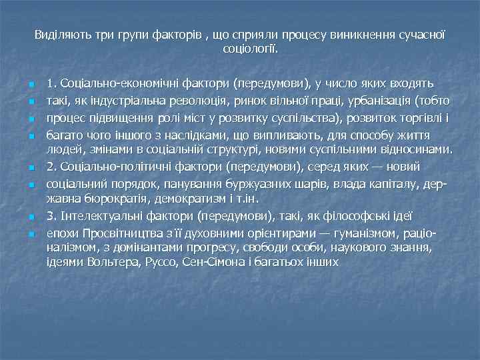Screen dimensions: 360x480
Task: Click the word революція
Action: pos(187,101)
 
